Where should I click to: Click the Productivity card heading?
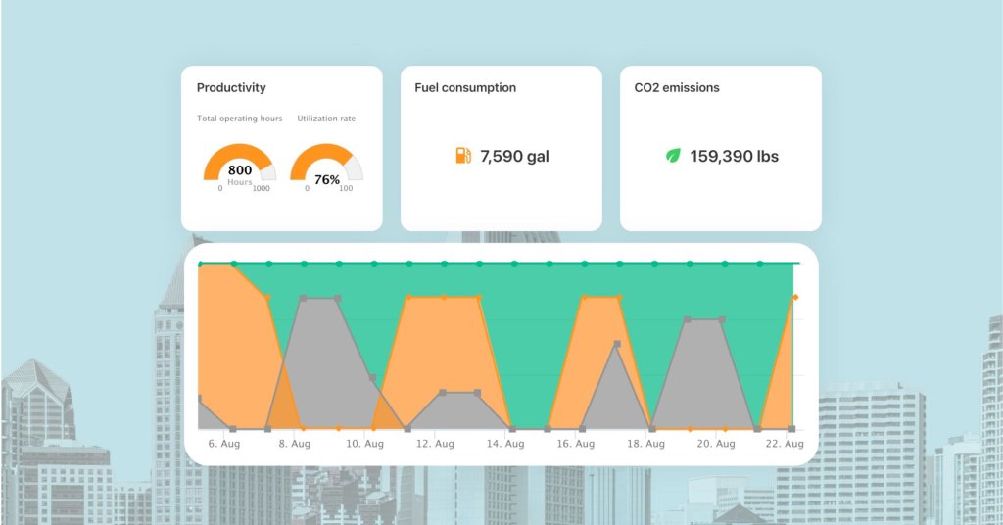click(x=231, y=88)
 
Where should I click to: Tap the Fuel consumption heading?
click(x=465, y=88)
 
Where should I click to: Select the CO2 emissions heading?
click(x=677, y=88)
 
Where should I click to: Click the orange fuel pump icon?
click(x=463, y=156)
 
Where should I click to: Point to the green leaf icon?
click(x=673, y=156)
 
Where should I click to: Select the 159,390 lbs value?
click(x=735, y=156)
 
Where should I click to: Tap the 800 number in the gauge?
click(x=240, y=170)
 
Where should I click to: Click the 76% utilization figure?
click(x=327, y=180)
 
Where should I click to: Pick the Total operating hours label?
click(x=240, y=119)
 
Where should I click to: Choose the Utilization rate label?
click(x=326, y=119)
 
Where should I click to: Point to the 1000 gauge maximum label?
click(x=262, y=189)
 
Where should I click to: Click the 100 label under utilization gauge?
click(x=346, y=189)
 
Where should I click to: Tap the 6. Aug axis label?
click(x=224, y=444)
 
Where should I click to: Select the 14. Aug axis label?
click(x=506, y=444)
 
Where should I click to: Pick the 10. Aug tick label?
click(x=365, y=444)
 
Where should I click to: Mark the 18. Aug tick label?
click(x=647, y=444)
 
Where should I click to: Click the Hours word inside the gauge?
click(x=240, y=182)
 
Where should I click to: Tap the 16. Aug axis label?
click(x=577, y=444)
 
